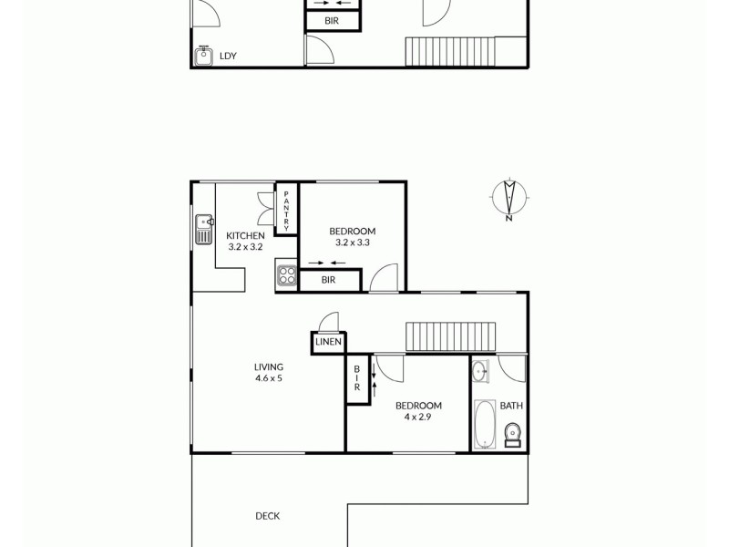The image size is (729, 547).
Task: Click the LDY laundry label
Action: click(x=228, y=57)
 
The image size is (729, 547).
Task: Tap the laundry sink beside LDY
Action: click(x=204, y=56)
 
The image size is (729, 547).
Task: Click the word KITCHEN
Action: click(x=245, y=236)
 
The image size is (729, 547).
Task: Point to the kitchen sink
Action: click(x=203, y=228)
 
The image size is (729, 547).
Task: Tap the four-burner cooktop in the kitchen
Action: click(x=287, y=275)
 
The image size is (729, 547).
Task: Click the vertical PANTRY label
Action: click(x=286, y=210)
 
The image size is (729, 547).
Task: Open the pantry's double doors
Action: click(x=266, y=209)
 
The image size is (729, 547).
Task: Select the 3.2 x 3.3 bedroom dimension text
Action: click(x=352, y=243)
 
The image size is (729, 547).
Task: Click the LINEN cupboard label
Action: click(x=328, y=342)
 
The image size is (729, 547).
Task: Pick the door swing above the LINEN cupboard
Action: click(x=328, y=322)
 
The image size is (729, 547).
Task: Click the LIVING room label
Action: click(x=268, y=367)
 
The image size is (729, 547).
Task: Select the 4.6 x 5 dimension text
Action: click(x=268, y=378)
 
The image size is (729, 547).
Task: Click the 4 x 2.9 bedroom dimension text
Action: click(x=418, y=417)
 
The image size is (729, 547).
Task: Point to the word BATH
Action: click(x=510, y=407)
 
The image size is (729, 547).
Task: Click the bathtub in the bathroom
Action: click(x=484, y=425)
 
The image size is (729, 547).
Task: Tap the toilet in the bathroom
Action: click(x=513, y=439)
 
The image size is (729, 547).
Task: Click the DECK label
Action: click(x=268, y=516)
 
